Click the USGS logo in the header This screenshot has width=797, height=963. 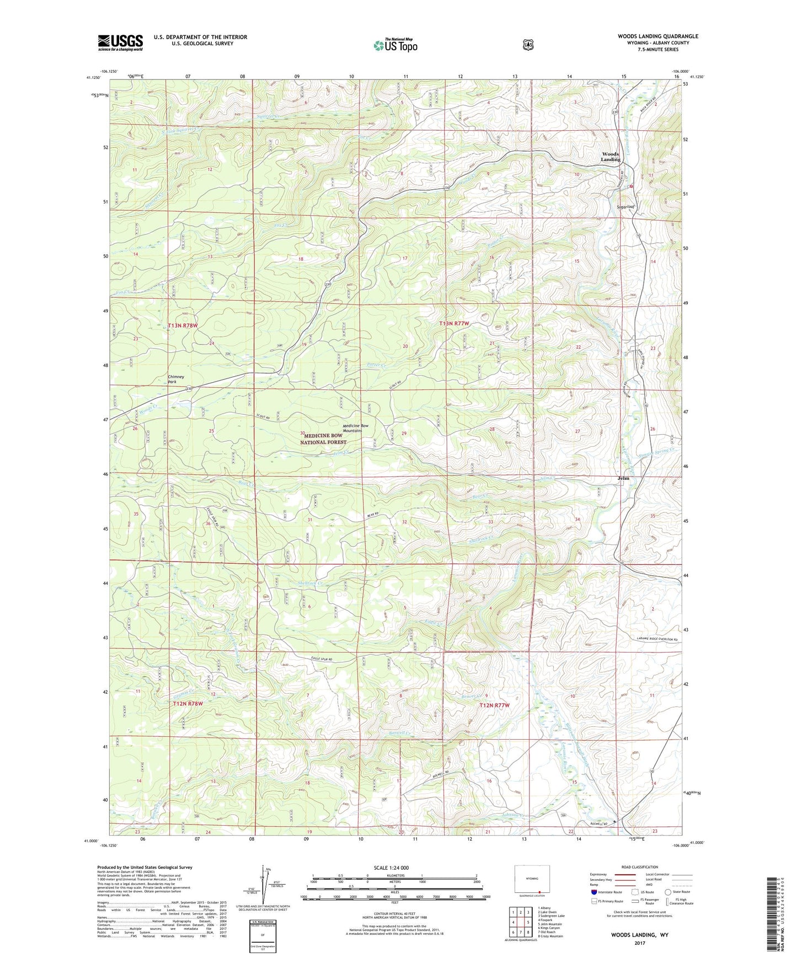[x=120, y=42]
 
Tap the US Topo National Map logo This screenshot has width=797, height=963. [x=394, y=45]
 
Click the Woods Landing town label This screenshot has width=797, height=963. [x=611, y=157]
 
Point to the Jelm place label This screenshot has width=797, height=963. [x=623, y=478]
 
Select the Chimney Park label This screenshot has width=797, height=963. [x=176, y=379]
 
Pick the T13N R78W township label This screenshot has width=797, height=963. [x=183, y=325]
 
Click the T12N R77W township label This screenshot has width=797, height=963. [x=494, y=705]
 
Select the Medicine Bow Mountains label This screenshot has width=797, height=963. [x=355, y=427]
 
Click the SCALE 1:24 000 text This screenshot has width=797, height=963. [x=391, y=868]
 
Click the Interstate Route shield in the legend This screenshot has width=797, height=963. [x=593, y=892]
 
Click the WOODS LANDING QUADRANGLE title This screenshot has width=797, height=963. [x=657, y=36]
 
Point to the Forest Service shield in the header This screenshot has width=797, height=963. [x=528, y=45]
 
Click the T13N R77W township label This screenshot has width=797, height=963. [x=454, y=323]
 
